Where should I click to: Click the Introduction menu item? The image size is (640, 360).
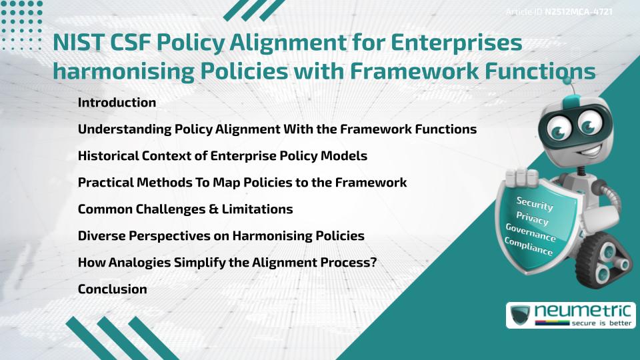coord(117,103)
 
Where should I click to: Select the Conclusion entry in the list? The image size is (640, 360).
coord(112,289)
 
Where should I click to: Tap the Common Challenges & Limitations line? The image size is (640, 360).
coord(185,209)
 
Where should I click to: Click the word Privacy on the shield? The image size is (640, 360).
coord(531,219)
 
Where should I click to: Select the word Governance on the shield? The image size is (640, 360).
coord(530,233)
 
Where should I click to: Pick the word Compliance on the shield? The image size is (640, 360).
coord(528,247)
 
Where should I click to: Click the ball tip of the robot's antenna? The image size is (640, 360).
coord(567,80)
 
